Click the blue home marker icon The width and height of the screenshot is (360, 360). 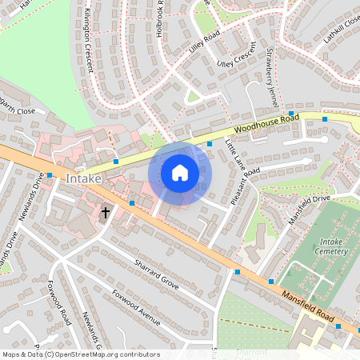(x=180, y=173)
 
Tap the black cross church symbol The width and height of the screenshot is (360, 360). (x=105, y=213)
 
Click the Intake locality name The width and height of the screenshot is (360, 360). (x=84, y=178)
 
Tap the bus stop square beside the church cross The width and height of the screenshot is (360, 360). (x=131, y=204)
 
